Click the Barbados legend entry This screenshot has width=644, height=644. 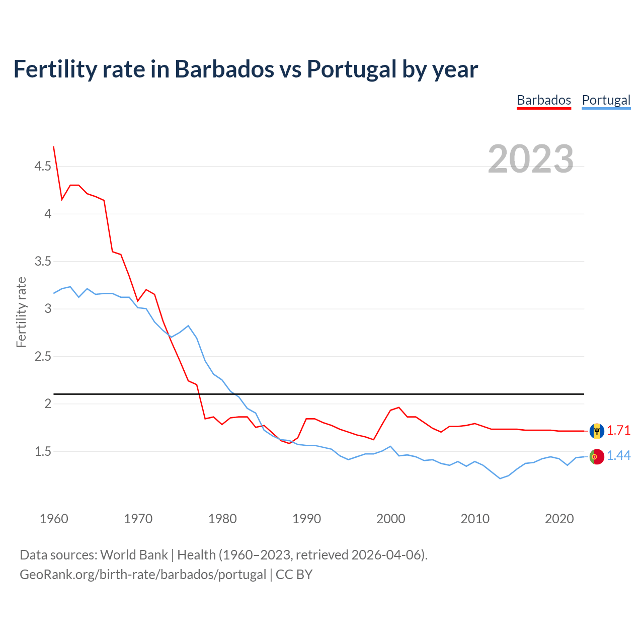point(544,100)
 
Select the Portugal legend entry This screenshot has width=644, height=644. point(606,100)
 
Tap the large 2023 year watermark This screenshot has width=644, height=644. point(530,159)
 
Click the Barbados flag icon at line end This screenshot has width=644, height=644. point(596,431)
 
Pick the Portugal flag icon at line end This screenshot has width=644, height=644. point(596,456)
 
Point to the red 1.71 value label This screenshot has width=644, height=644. point(618,431)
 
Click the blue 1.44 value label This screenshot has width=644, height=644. point(618,456)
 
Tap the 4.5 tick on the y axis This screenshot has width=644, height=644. point(43,166)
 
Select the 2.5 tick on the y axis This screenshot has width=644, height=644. point(43,356)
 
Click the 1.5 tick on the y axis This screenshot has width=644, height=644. point(43,451)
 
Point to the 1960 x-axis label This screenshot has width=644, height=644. point(54,519)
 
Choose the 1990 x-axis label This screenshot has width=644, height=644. point(306,519)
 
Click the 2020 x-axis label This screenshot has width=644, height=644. point(559,519)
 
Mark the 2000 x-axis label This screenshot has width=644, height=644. point(390,519)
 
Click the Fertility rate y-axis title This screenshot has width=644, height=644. point(21,312)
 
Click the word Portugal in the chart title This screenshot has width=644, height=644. point(351,69)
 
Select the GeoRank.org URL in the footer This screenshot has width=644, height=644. point(143,575)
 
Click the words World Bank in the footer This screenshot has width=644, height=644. point(134,555)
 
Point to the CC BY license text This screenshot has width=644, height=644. point(294,575)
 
